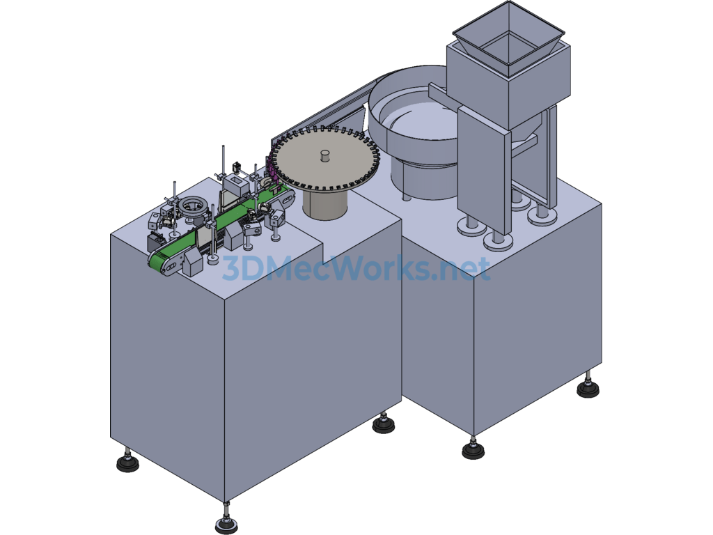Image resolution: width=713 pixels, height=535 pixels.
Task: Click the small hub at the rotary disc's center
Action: click(326, 155)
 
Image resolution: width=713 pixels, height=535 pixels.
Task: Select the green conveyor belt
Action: click(218, 222)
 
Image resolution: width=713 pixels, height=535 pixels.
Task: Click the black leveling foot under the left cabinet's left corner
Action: click(128, 463)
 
